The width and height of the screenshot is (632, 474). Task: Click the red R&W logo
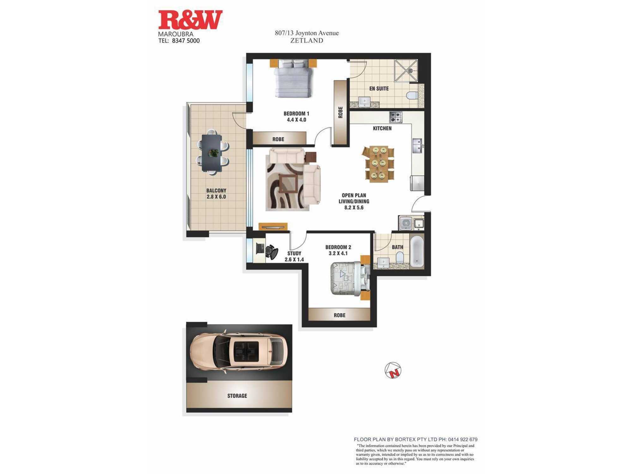click(x=190, y=20)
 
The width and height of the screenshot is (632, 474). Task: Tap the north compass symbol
click(x=393, y=370)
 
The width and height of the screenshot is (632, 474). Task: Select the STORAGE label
click(x=237, y=396)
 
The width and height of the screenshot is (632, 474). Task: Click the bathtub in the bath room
click(x=417, y=252)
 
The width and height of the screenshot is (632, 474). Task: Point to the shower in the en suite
click(x=406, y=70)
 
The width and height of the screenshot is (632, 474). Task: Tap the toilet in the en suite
click(x=412, y=95)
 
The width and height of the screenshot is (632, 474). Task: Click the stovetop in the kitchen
click(x=395, y=117)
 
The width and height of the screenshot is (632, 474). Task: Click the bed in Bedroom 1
click(x=293, y=79)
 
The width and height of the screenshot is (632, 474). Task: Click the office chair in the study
click(x=271, y=252)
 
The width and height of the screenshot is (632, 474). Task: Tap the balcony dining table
click(x=212, y=153)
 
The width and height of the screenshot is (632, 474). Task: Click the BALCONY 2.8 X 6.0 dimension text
click(x=216, y=194)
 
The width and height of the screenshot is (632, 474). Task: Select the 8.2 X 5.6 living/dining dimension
click(x=354, y=208)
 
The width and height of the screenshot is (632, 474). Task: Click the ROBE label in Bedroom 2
click(x=340, y=315)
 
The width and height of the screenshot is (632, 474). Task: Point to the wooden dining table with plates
click(x=378, y=164)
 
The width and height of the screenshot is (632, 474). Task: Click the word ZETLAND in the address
click(x=307, y=40)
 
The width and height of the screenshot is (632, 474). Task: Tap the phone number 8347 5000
click(x=186, y=41)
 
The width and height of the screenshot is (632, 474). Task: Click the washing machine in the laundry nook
click(x=406, y=223)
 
